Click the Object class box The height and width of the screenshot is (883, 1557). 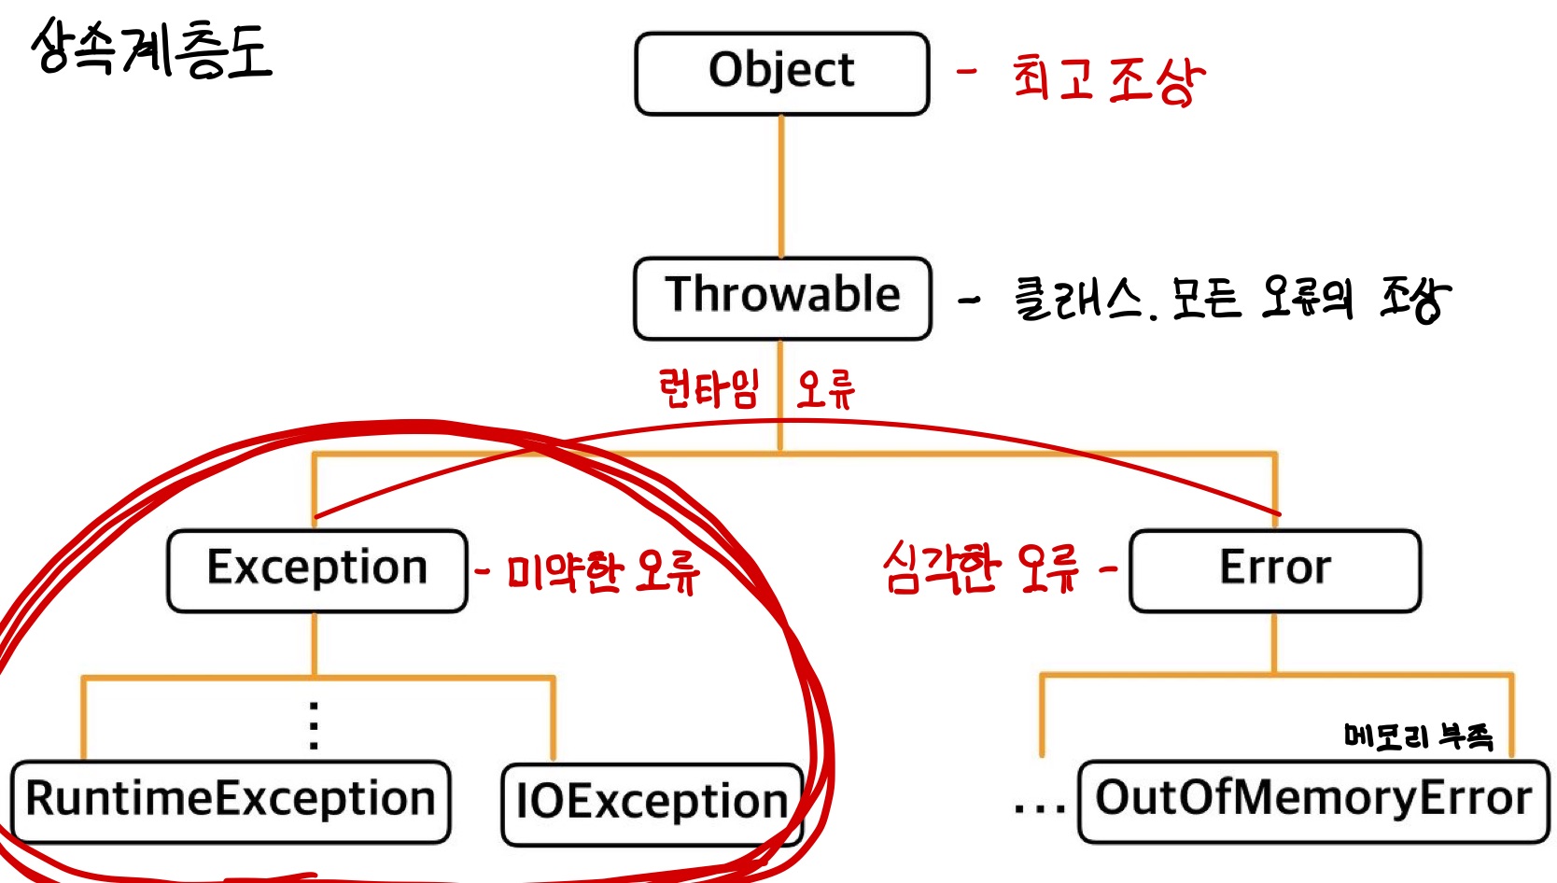click(781, 74)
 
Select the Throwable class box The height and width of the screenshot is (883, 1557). click(782, 298)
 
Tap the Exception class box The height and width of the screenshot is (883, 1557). click(316, 570)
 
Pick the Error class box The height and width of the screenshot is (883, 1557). click(1275, 570)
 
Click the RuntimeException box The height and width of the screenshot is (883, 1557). click(231, 802)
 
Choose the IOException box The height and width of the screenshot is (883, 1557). click(652, 804)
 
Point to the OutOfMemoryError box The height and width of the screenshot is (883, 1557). click(1312, 801)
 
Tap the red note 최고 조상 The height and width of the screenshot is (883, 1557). click(1108, 79)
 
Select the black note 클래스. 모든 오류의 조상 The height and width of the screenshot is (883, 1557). click(1232, 299)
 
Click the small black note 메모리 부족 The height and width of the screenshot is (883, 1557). click(1418, 736)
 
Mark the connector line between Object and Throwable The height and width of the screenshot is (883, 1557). click(781, 186)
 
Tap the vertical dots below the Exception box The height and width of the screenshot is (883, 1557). click(314, 726)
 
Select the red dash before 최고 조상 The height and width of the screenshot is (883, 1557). click(967, 71)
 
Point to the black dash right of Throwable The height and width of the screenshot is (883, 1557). click(970, 301)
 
